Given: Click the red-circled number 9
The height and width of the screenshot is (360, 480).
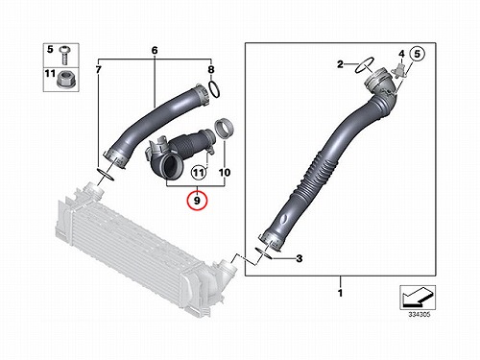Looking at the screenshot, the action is (x=197, y=201).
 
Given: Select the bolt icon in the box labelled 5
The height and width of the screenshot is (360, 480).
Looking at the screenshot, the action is (x=65, y=55).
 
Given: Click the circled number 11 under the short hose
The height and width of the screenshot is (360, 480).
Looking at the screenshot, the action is (x=199, y=173).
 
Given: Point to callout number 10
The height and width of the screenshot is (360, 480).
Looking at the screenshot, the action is (x=225, y=173).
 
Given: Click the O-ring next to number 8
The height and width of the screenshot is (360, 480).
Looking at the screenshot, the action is (x=214, y=89).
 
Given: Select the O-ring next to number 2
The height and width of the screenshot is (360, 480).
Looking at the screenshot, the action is (x=365, y=65).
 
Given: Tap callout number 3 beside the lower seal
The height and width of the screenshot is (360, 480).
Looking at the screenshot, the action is (x=299, y=258).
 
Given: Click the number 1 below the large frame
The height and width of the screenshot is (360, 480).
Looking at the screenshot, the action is (x=340, y=293).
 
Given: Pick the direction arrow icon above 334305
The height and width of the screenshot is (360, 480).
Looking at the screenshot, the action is (x=418, y=298).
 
